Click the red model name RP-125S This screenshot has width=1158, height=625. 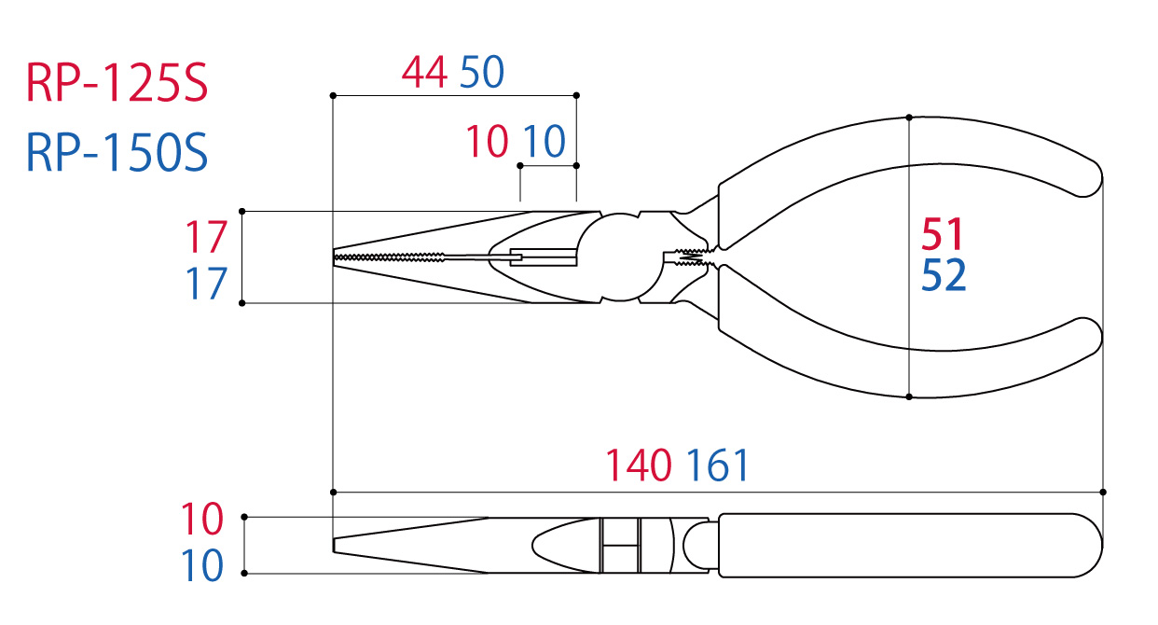pos(117,85)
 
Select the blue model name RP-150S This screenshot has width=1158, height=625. pos(117,153)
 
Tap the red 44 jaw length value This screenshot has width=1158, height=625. pos(424,73)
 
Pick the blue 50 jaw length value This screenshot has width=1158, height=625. pos(482,73)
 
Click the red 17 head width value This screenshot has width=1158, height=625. pos(205,238)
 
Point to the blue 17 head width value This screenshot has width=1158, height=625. pos(205,285)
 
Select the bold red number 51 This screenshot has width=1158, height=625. pos(943,233)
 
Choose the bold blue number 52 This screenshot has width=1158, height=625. pos(944,275)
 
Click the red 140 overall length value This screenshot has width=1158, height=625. pos(639,465)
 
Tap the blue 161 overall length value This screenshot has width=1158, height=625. pos(717,465)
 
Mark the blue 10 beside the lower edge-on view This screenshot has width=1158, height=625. pos(201,566)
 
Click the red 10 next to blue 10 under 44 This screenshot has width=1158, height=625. pos(487,143)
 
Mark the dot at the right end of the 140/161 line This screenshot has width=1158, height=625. pos(1103,491)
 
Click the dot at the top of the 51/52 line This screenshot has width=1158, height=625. pos(909,118)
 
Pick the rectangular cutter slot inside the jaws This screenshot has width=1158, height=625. pos(542,255)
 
